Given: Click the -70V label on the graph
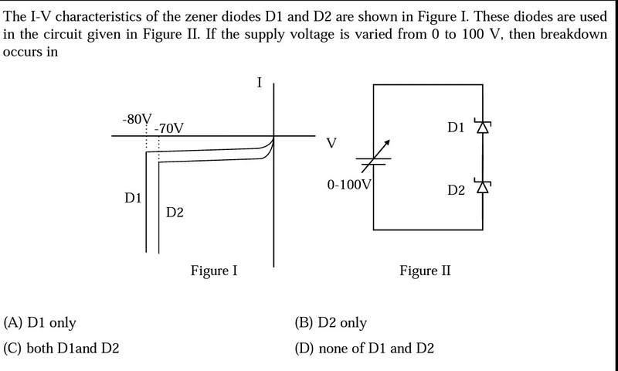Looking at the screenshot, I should (168, 128).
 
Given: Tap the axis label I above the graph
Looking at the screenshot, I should (259, 83).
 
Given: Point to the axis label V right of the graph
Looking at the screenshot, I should (331, 143).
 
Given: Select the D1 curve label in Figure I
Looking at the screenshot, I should (133, 199).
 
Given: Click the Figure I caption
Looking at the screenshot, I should (214, 271).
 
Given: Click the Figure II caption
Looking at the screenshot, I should (425, 271).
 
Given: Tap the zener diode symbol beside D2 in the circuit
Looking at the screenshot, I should (484, 187).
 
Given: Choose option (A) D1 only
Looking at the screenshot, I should (40, 322).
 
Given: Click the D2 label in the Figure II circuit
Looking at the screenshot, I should (456, 189).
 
